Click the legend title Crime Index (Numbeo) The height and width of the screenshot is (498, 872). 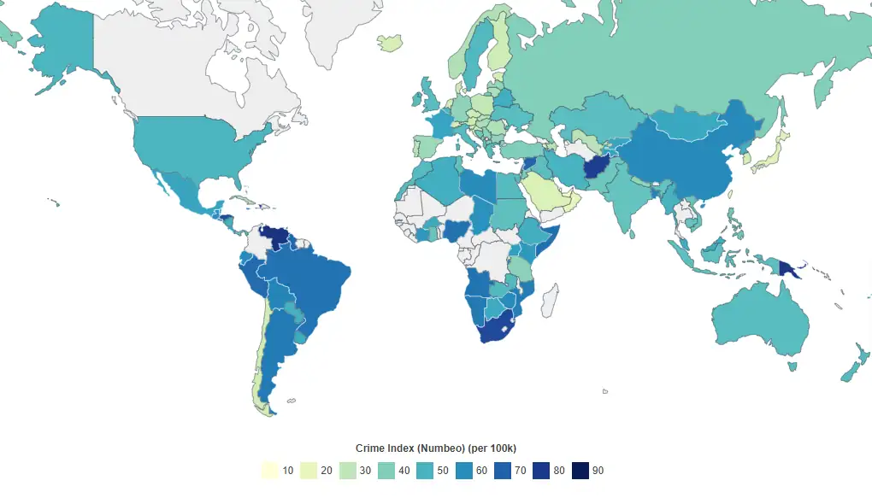click(x=435, y=448)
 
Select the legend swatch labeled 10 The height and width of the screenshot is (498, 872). click(x=269, y=470)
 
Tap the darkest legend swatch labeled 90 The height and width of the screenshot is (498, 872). click(x=580, y=470)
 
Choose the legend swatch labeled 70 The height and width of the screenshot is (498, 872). click(x=503, y=470)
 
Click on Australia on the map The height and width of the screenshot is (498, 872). click(x=761, y=320)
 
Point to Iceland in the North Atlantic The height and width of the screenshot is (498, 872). click(x=390, y=41)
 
